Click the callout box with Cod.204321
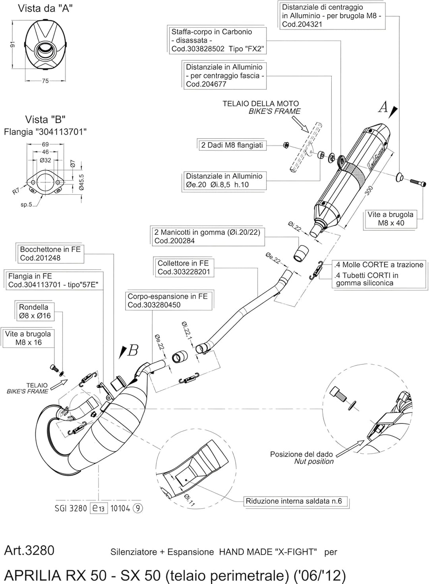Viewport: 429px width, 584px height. [332, 16]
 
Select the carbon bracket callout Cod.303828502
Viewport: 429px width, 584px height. [217, 40]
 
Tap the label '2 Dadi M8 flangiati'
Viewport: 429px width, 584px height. [232, 145]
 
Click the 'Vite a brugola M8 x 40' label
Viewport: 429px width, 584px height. [390, 219]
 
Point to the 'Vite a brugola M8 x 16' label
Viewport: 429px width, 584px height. [28, 338]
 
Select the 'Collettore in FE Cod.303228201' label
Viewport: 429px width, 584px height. [183, 267]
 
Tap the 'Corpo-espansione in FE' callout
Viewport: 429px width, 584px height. [168, 300]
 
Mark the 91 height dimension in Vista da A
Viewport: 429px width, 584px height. [12, 45]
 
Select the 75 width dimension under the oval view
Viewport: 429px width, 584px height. [45, 81]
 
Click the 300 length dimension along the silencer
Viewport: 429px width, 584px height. [369, 191]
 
